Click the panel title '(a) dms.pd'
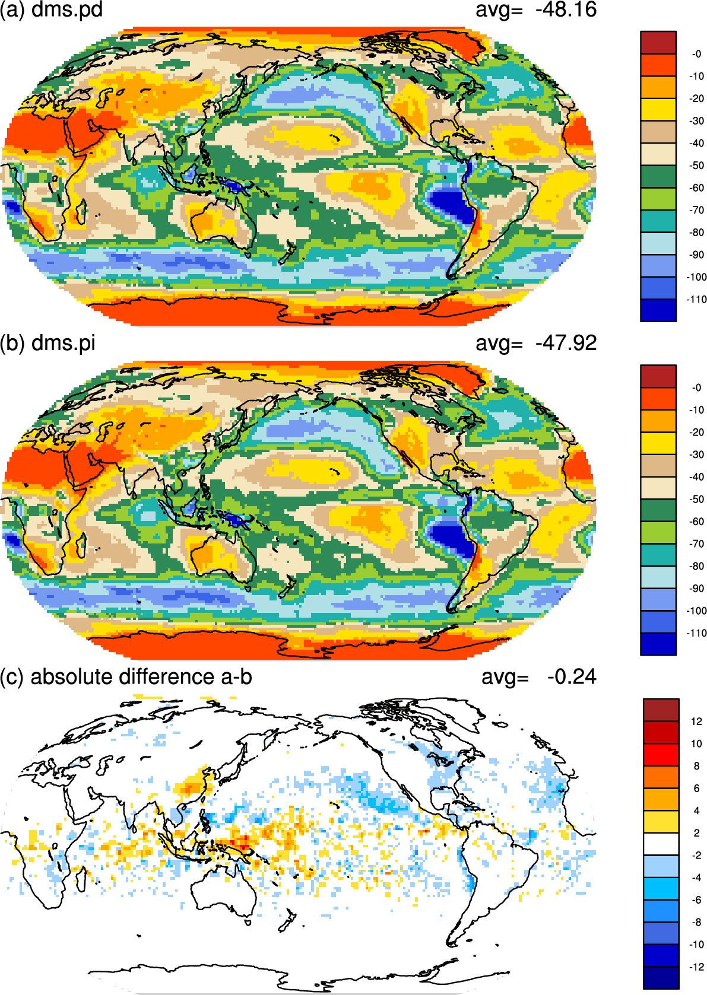pos(51,9)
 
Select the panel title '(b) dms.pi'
pos(48,344)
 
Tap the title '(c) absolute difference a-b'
pos(126,677)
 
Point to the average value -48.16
pos(566,9)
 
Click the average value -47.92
pos(566,344)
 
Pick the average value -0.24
pos(572,677)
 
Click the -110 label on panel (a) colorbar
pos(696,300)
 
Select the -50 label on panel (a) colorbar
pos(696,166)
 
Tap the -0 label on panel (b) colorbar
pos(696,388)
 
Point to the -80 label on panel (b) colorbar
pos(696,567)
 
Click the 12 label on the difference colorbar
pos(696,721)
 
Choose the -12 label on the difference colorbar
pos(696,967)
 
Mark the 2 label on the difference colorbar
pos(696,833)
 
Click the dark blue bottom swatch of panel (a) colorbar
pos(658,310)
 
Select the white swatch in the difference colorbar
pos(661,844)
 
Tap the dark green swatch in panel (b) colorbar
pos(658,510)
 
